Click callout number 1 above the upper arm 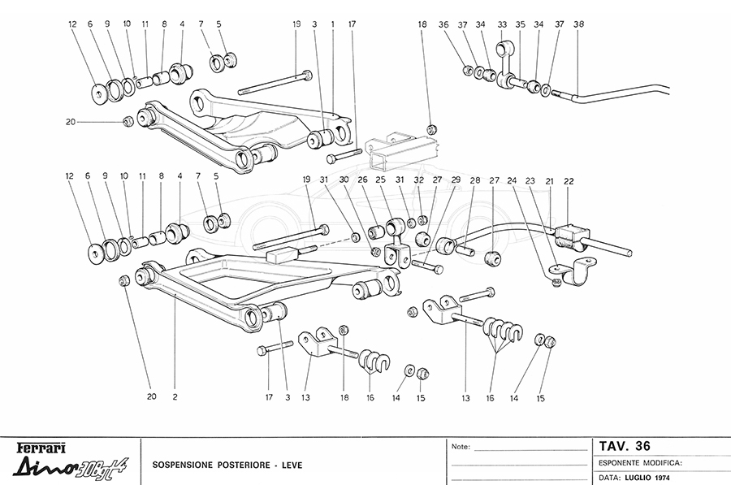tap(332, 25)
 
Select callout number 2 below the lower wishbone tap(175, 397)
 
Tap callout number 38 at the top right tap(577, 25)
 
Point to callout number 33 tap(502, 25)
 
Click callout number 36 tap(466, 25)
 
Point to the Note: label tap(460, 447)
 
